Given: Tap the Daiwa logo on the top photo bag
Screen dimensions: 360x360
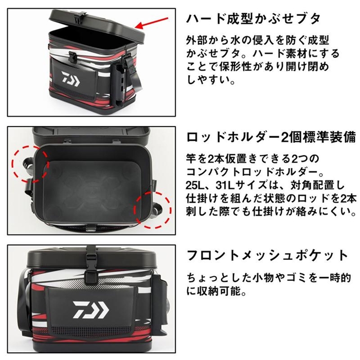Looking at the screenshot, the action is click(x=70, y=79).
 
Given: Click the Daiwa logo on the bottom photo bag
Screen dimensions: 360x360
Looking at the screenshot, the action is click(x=91, y=310).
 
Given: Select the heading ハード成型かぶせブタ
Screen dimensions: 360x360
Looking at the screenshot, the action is click(x=253, y=19).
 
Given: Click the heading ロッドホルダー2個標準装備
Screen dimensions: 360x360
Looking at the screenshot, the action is click(x=271, y=138).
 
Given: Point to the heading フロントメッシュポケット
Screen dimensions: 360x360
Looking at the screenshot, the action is click(x=267, y=256).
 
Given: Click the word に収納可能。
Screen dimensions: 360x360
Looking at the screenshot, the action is click(x=217, y=292).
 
